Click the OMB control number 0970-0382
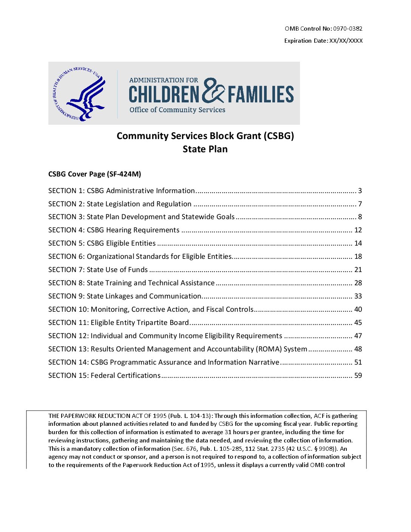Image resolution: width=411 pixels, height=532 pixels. coord(348,29)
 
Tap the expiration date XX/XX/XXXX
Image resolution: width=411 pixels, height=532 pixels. coord(346,41)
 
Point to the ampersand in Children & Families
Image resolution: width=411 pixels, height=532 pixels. coord(213,91)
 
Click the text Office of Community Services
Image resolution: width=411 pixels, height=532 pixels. coord(177,110)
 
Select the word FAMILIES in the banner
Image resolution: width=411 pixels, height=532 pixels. coord(261,94)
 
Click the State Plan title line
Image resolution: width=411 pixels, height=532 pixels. coord(205,149)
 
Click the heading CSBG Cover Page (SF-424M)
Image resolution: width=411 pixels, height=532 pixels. coord(94,174)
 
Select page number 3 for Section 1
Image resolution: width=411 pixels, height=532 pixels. coord(360,191)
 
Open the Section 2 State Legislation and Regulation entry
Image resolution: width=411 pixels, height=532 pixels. coord(120,204)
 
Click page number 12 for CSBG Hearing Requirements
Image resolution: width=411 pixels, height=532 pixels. coord(358,230)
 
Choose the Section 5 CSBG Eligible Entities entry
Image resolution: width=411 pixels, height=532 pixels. coord(102,243)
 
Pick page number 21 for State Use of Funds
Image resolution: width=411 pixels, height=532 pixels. coord(358,270)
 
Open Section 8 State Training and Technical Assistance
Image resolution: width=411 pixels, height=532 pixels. coord(131,283)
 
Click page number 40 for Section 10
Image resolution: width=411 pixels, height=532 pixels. coord(358,309)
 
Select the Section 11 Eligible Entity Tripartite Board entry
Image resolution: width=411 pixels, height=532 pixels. coord(119,323)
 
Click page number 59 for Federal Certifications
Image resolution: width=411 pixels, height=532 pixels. coord(358,376)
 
